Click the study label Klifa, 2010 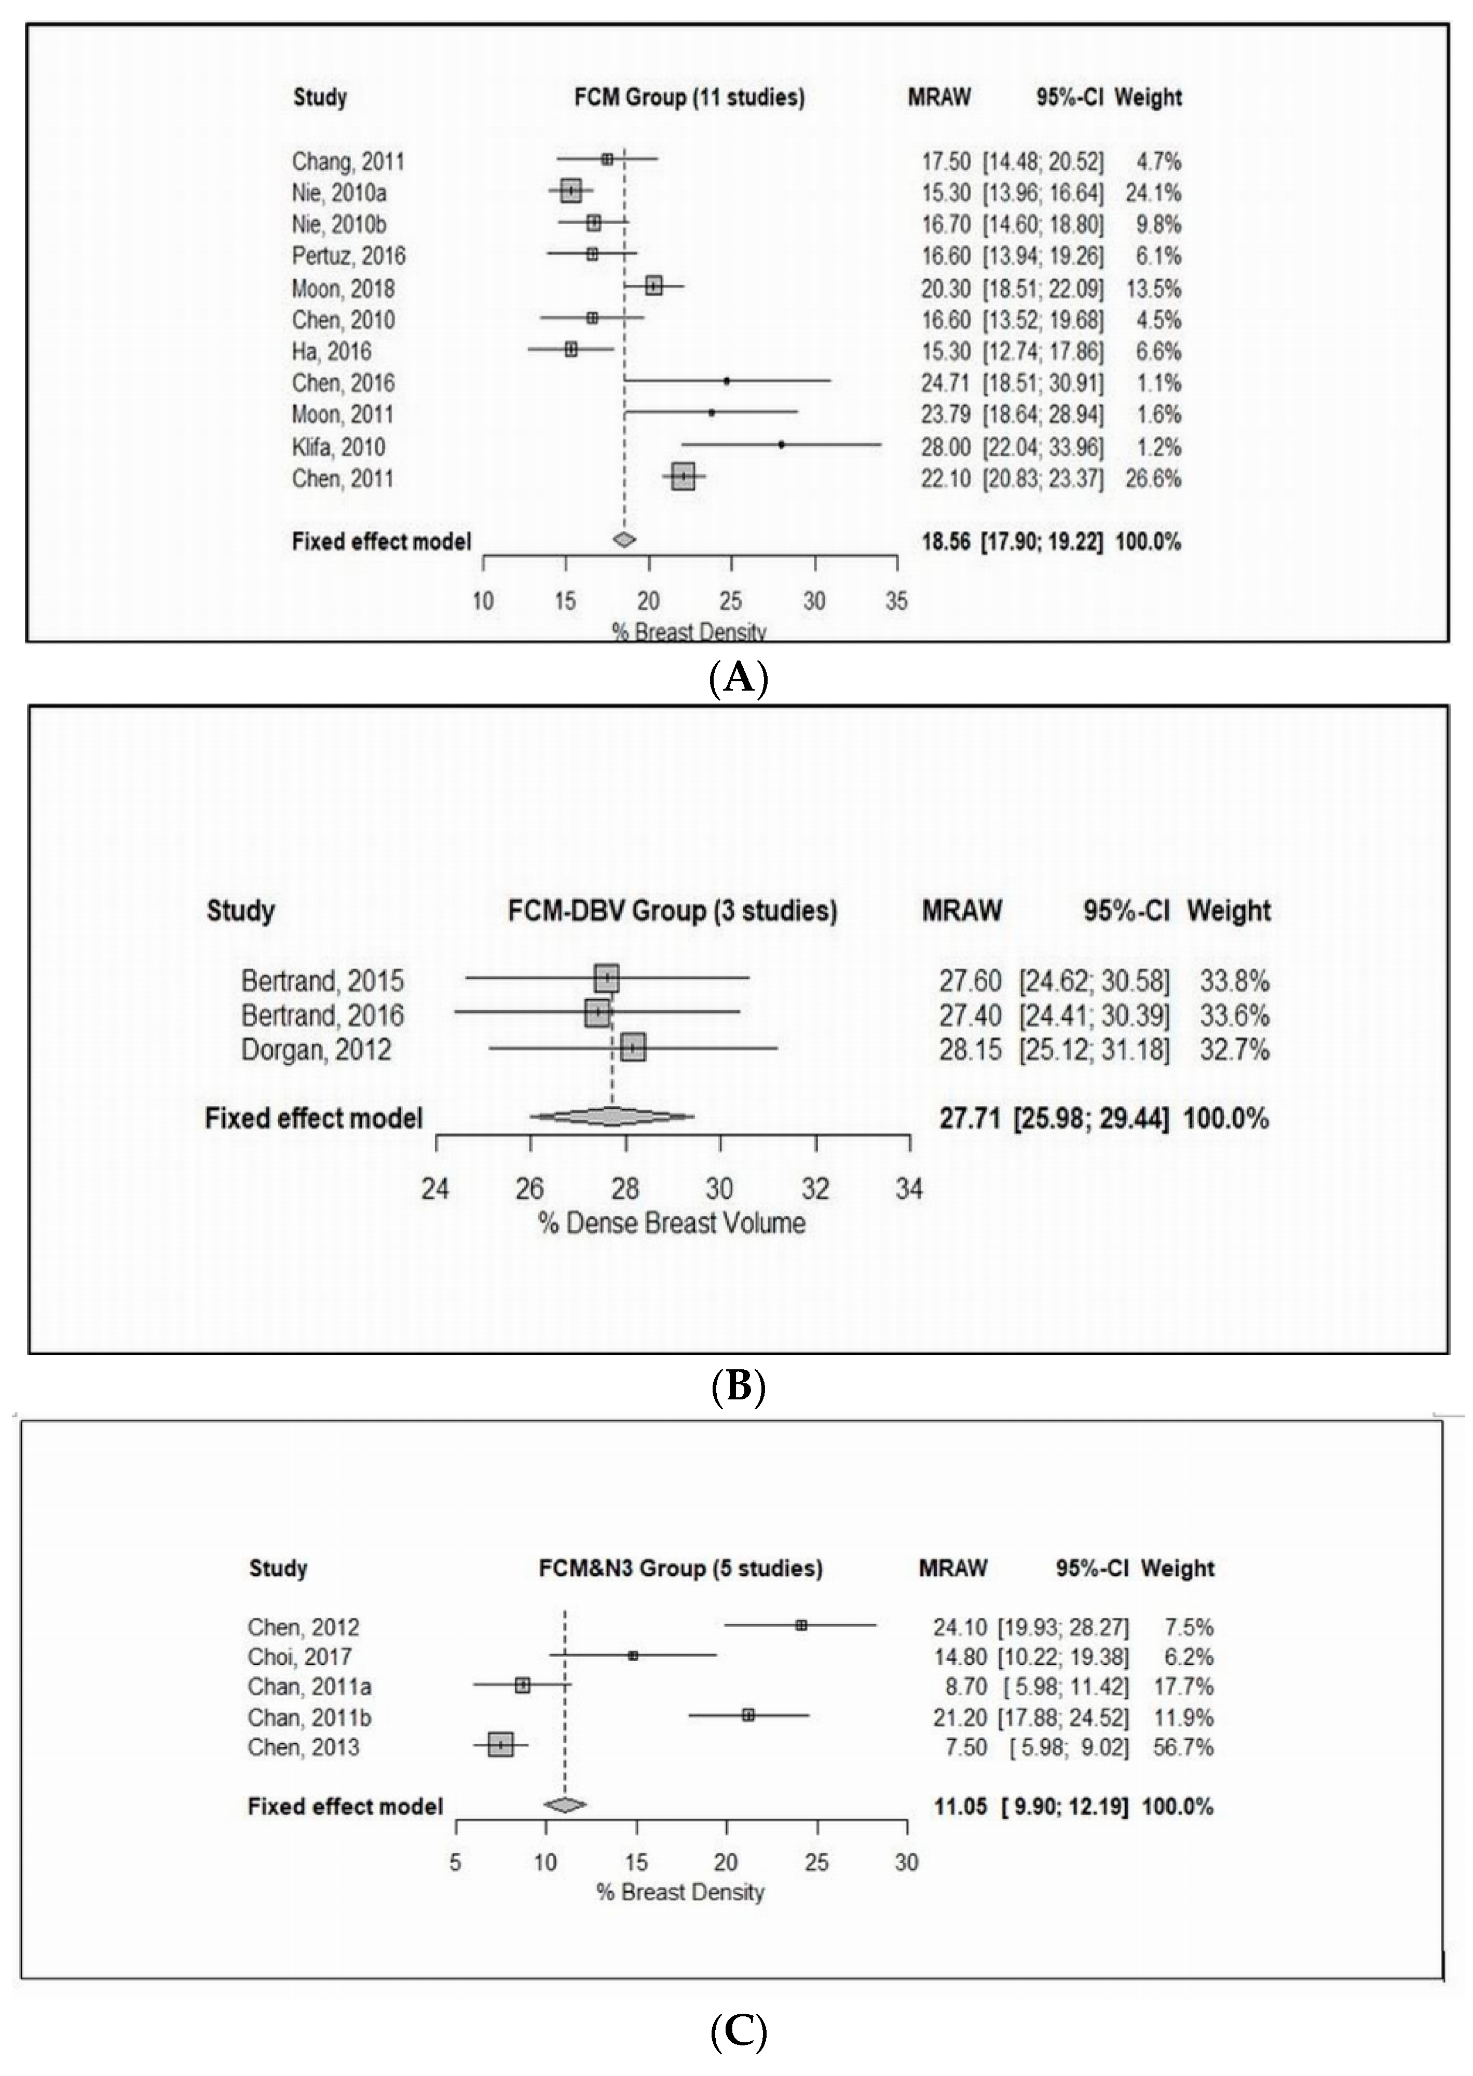coord(338,447)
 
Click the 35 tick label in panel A coord(896,601)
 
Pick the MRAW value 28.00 coord(946,447)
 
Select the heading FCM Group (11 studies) coord(689,97)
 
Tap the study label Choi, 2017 coord(299,1657)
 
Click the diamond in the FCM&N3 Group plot coord(564,1805)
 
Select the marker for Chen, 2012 coord(801,1626)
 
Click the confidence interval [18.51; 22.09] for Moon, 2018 coord(1043,288)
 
